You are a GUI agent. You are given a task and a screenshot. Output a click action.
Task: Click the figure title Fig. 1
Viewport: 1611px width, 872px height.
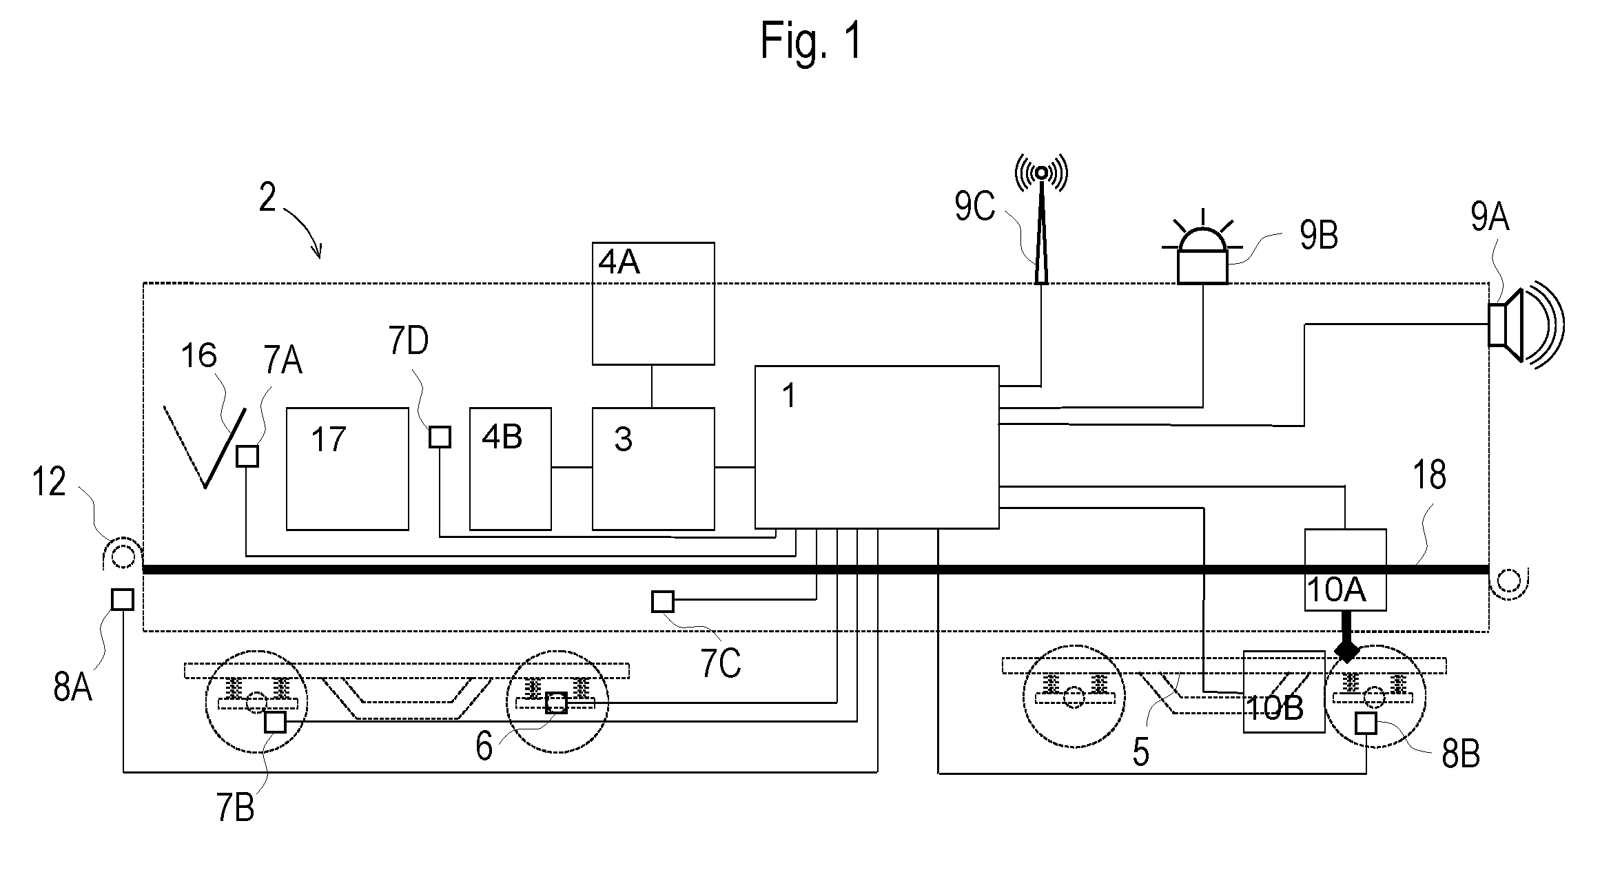810,42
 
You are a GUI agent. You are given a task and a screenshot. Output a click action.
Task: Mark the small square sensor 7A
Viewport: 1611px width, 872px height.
247,456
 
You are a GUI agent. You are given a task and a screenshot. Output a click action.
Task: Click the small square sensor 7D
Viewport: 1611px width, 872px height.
440,437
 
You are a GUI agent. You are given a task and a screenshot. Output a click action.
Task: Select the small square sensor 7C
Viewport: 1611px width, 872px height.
662,601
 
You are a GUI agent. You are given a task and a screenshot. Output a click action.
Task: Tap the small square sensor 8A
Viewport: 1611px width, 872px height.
122,599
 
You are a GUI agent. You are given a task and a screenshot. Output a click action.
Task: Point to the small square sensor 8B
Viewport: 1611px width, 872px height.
1366,723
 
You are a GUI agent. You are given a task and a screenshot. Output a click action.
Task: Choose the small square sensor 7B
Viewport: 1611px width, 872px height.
275,722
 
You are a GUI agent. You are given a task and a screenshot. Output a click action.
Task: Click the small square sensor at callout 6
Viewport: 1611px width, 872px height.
556,703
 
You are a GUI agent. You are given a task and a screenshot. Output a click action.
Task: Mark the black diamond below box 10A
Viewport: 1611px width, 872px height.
1346,650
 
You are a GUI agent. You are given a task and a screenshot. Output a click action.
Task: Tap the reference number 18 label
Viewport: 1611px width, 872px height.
1429,475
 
